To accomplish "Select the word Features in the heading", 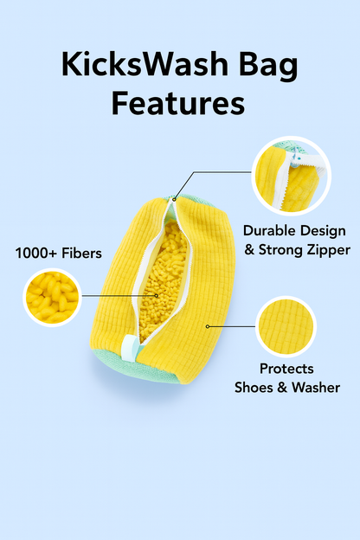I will click(178, 103).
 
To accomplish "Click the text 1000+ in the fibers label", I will click(39, 254).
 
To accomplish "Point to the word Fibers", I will click(84, 254).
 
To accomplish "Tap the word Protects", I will click(287, 369).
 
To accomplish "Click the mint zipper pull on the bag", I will click(127, 348).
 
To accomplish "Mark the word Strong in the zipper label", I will click(281, 249).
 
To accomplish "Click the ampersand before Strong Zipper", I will click(250, 249).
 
